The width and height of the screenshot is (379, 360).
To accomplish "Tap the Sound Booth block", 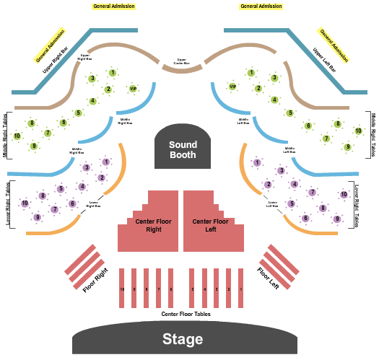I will point(183,149).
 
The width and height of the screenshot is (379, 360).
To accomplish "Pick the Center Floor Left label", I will point(211,226).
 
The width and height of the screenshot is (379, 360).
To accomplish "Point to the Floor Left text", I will point(268,278).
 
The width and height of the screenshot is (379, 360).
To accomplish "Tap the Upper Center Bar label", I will point(181,61).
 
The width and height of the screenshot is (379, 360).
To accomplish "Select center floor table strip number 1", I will point(240,289).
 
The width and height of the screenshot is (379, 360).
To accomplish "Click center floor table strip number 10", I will point(122,289).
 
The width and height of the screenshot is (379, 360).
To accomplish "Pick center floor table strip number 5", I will point(193,289).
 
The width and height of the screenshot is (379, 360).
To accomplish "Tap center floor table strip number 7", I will point(158,289).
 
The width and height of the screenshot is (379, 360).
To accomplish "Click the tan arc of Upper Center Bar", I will point(182,70).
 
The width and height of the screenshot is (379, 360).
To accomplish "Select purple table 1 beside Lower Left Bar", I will point(257,162).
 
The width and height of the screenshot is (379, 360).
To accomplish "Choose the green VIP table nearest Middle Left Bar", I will point(232,87).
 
